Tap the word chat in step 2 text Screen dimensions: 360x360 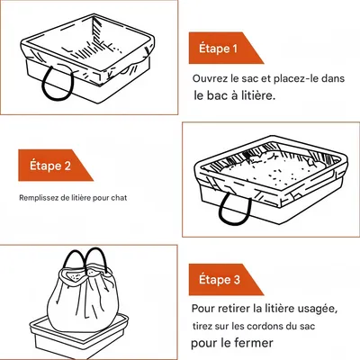click(x=119, y=198)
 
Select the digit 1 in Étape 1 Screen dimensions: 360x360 click(x=235, y=49)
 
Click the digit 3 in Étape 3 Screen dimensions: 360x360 click(x=237, y=280)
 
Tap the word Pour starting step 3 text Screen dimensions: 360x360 click(x=203, y=309)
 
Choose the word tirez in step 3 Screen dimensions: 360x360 click(x=202, y=326)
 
